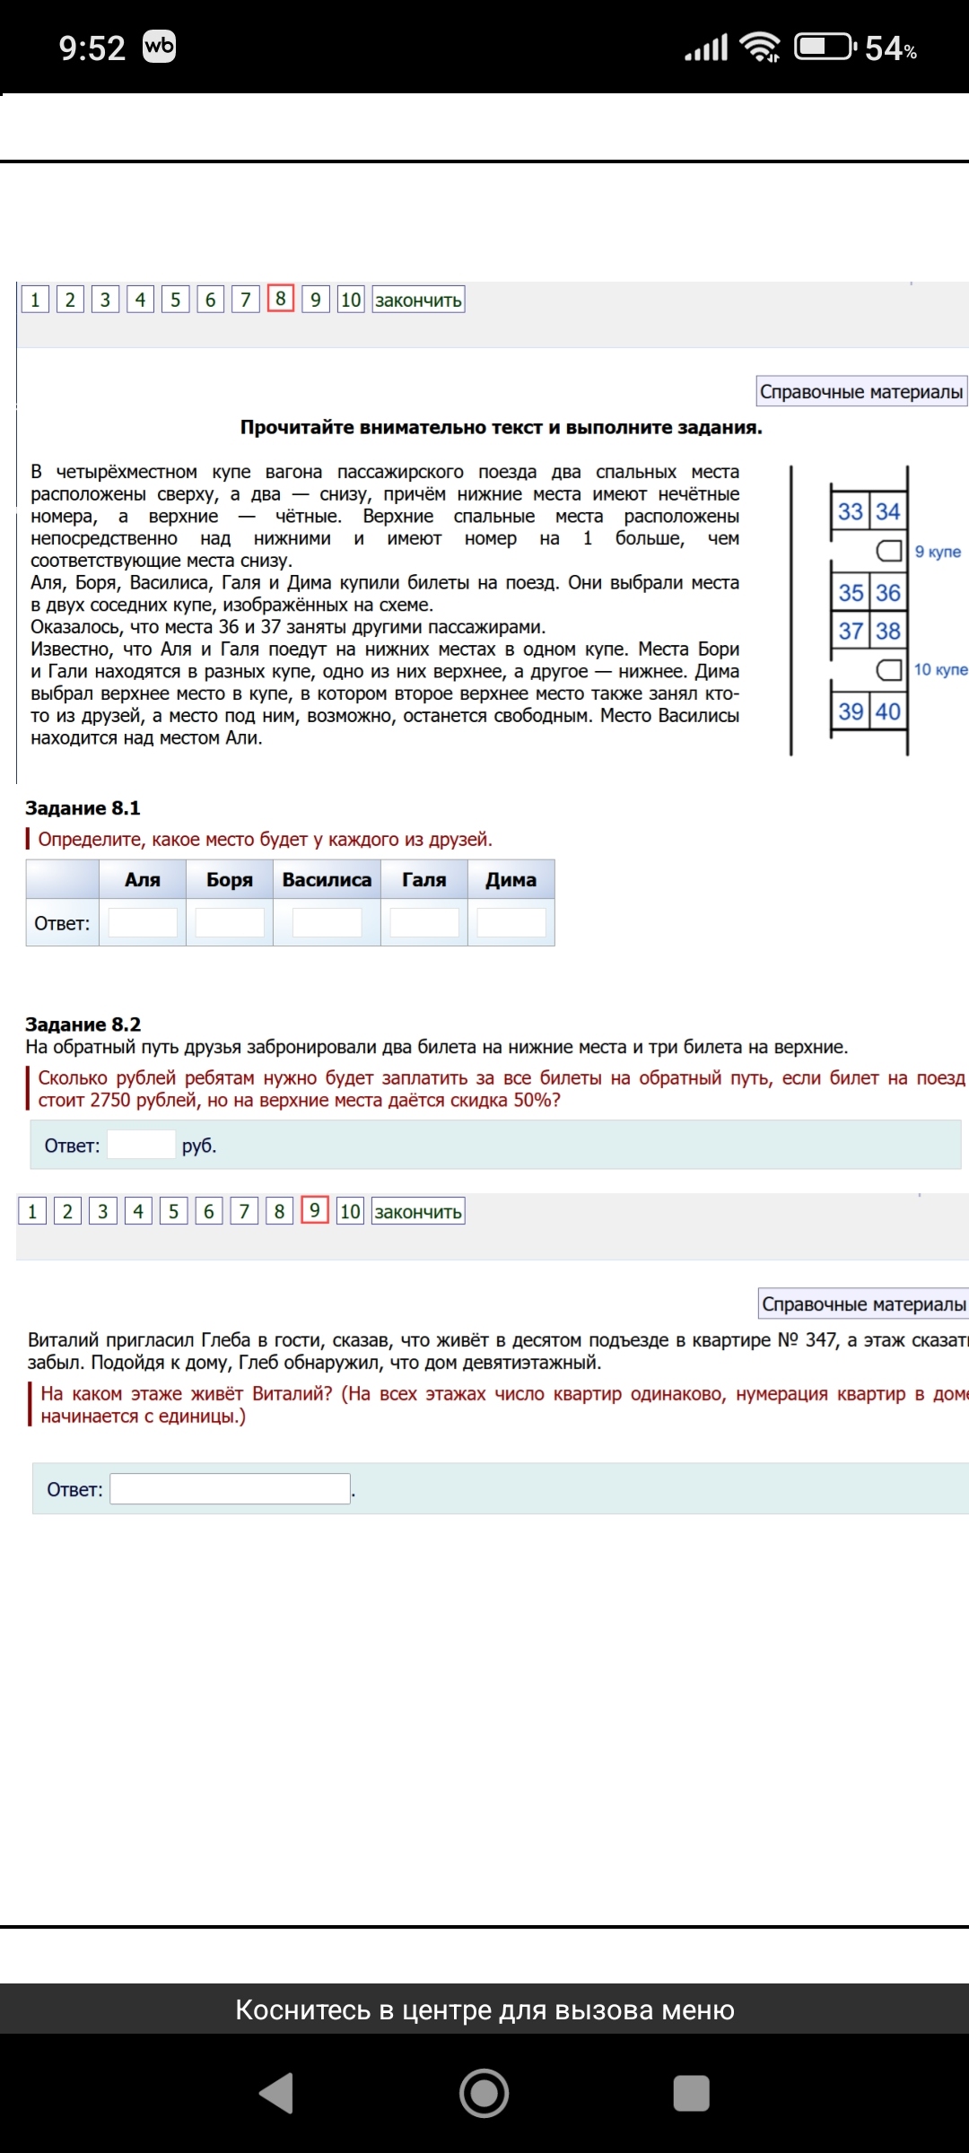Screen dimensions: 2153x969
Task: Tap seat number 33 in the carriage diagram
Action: pyautogui.click(x=850, y=511)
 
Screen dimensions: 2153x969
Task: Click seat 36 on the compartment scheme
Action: pyautogui.click(x=888, y=593)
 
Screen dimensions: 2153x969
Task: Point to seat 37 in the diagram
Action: pyautogui.click(x=851, y=632)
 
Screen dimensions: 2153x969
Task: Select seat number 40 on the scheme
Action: pyautogui.click(x=888, y=712)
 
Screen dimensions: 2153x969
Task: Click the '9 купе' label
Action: pyautogui.click(x=938, y=552)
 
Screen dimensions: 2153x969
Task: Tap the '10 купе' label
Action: pyautogui.click(x=940, y=669)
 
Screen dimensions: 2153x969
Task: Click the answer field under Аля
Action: pyautogui.click(x=143, y=922)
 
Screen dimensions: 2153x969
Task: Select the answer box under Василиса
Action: pyautogui.click(x=327, y=922)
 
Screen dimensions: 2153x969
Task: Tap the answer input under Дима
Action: pyautogui.click(x=511, y=922)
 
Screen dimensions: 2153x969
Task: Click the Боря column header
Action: pyautogui.click(x=230, y=880)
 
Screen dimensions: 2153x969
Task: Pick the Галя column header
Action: pyautogui.click(x=423, y=880)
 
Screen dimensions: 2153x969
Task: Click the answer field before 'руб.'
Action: pyautogui.click(x=141, y=1145)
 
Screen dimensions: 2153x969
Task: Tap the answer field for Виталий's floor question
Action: pyautogui.click(x=230, y=1489)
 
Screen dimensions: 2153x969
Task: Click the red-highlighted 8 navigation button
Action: pyautogui.click(x=281, y=299)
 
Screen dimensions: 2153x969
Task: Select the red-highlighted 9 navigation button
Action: pyautogui.click(x=315, y=1210)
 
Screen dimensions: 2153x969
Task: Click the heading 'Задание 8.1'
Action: pyautogui.click(x=83, y=808)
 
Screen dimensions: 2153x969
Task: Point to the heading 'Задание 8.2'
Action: pyautogui.click(x=83, y=1024)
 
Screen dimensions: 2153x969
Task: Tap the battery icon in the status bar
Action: pyautogui.click(x=825, y=47)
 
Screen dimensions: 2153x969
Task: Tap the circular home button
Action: pyautogui.click(x=484, y=2094)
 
